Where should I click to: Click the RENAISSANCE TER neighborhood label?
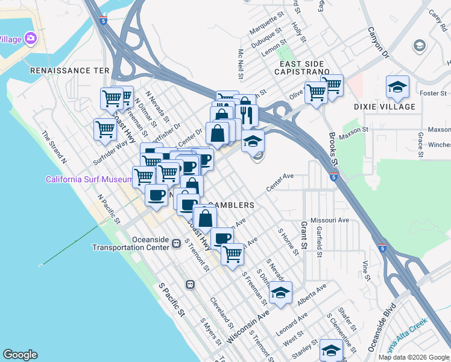pyautogui.click(x=70, y=71)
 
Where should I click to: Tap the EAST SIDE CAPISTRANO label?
pyautogui.click(x=301, y=68)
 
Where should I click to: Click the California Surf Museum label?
pyautogui.click(x=89, y=179)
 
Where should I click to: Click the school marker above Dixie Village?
pyautogui.click(x=397, y=87)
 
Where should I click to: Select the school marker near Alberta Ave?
pyautogui.click(x=280, y=293)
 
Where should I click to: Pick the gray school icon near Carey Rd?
pyautogui.click(x=419, y=46)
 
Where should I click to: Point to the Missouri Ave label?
pyautogui.click(x=330, y=220)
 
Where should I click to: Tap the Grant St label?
pyautogui.click(x=304, y=236)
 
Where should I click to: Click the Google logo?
pyautogui.click(x=20, y=355)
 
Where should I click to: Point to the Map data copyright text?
pyautogui.click(x=414, y=357)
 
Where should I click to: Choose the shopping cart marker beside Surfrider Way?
pyautogui.click(x=105, y=129)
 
